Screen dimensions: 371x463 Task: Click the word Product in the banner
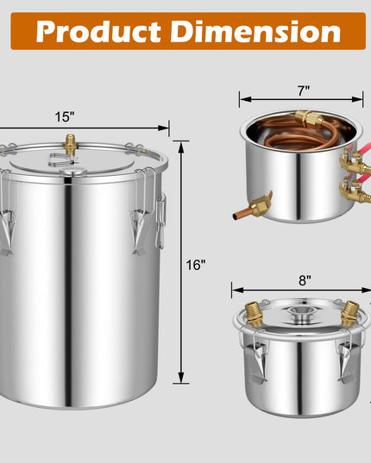pyautogui.click(x=98, y=32)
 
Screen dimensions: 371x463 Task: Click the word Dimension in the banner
pyautogui.click(x=255, y=31)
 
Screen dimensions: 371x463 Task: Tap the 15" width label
pyautogui.click(x=65, y=117)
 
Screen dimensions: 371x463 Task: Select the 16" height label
pyautogui.click(x=196, y=265)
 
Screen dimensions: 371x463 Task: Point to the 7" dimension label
pyautogui.click(x=304, y=91)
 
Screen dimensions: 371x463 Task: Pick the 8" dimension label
pyautogui.click(x=305, y=280)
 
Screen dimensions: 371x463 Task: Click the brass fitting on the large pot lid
pyautogui.click(x=70, y=144)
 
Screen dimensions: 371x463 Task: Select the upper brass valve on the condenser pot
pyautogui.click(x=355, y=161)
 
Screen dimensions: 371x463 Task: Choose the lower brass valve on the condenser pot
pyautogui.click(x=355, y=191)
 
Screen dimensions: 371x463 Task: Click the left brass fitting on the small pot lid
pyautogui.click(x=254, y=314)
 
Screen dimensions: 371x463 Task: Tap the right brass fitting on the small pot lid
pyautogui.click(x=349, y=314)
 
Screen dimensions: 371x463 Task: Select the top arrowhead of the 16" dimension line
pyautogui.click(x=181, y=147)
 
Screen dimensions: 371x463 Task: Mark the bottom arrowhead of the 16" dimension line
pyautogui.click(x=181, y=378)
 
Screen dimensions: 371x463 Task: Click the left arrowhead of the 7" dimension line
pyautogui.click(x=245, y=99)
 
